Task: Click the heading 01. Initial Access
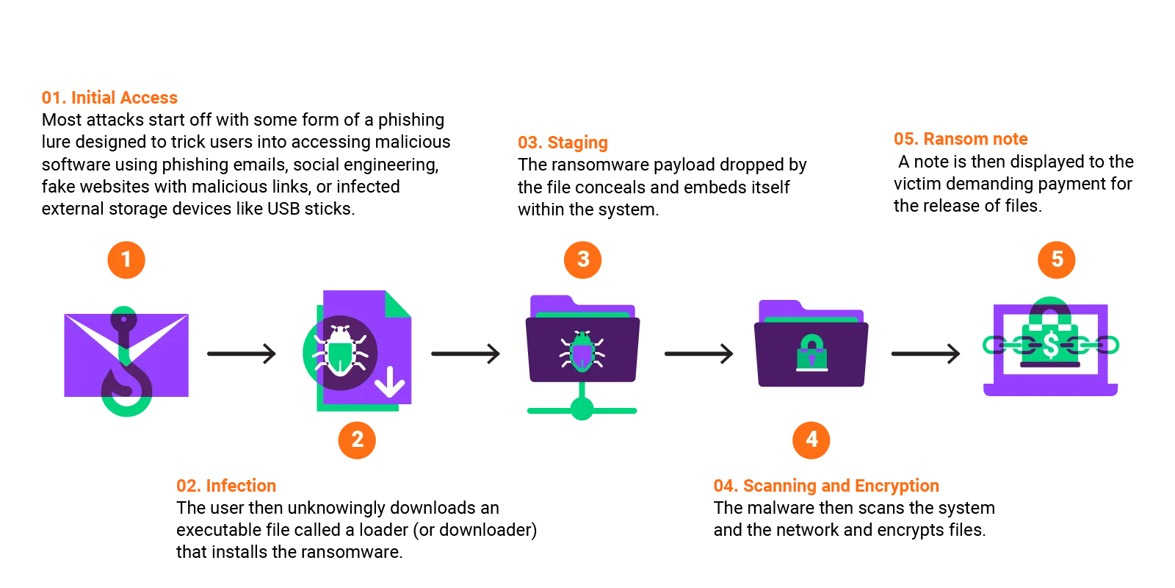[110, 98]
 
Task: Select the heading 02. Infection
[226, 486]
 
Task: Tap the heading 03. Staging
[563, 143]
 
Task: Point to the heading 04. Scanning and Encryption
[825, 486]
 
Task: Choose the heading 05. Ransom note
[960, 139]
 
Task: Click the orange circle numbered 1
[126, 259]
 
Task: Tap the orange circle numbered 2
[357, 440]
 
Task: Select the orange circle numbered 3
[583, 259]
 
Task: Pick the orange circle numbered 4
[811, 440]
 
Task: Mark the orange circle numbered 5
[1057, 259]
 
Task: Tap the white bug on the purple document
[340, 351]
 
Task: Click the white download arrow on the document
[390, 381]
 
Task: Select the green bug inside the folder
[582, 351]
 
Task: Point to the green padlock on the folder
[811, 352]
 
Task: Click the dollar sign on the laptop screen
[1051, 344]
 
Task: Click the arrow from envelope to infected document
[240, 354]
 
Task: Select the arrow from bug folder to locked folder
[698, 354]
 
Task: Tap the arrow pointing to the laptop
[925, 354]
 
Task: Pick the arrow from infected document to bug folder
[466, 354]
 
